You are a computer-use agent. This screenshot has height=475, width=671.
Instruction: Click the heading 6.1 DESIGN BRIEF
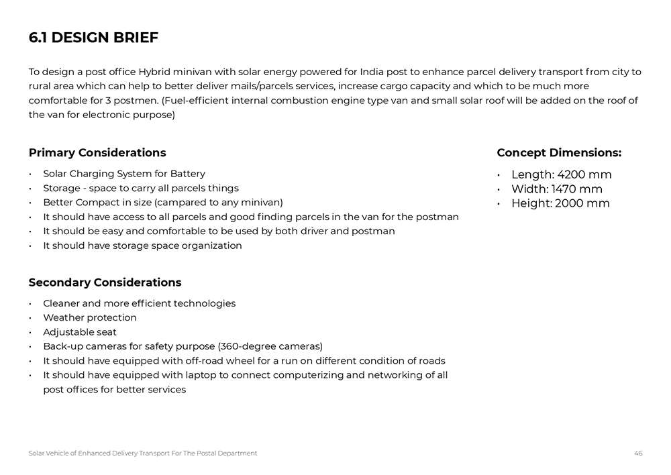pos(93,38)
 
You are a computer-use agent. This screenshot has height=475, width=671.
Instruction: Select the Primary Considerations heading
pos(97,152)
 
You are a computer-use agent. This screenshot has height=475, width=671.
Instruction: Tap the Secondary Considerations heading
pos(105,282)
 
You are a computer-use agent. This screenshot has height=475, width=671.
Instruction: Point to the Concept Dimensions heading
pos(559,152)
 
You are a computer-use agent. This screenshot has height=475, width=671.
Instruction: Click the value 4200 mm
pos(584,174)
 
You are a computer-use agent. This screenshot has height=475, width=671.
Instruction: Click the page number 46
pos(638,454)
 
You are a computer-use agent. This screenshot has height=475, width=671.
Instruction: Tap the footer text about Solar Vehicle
pos(142,454)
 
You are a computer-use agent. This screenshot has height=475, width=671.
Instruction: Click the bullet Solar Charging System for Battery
pos(124,173)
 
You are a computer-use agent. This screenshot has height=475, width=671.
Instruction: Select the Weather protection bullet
pos(90,317)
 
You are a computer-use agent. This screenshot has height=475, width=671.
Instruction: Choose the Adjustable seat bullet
pos(80,332)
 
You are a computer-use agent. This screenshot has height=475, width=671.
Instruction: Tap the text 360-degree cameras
pos(270,346)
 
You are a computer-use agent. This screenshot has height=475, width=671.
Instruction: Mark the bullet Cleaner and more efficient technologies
pos(140,303)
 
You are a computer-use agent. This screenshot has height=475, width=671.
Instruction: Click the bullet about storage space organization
pos(142,246)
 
